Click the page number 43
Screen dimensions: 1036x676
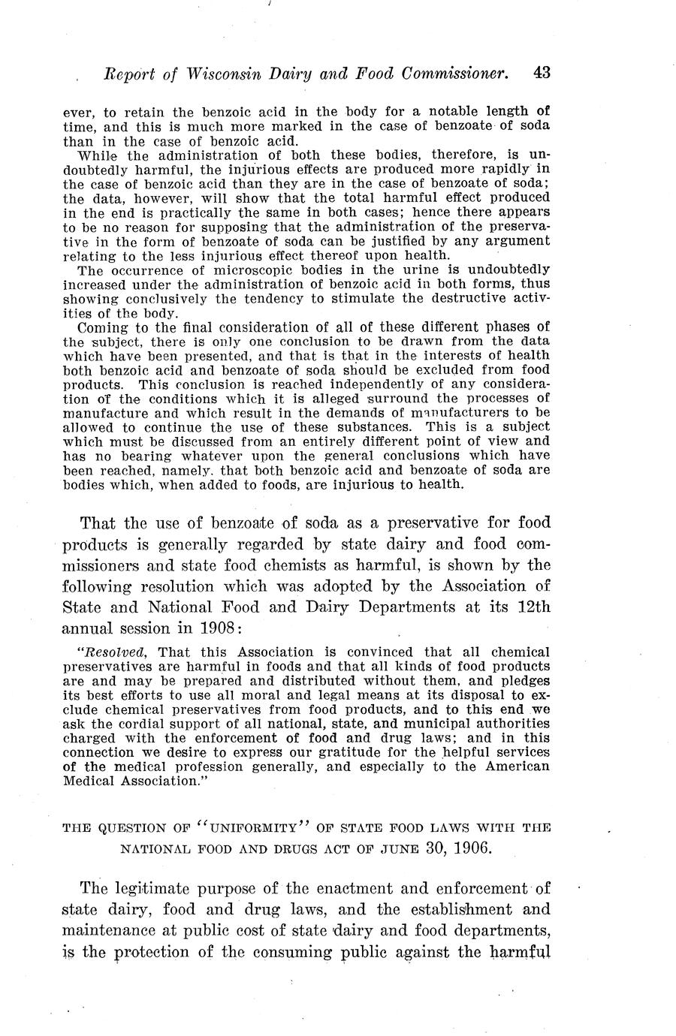542,73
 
